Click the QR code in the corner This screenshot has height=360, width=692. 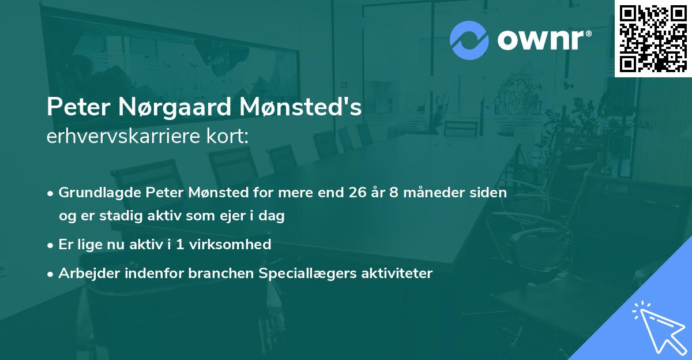tap(653, 38)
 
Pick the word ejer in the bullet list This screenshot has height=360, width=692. tap(231, 216)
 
